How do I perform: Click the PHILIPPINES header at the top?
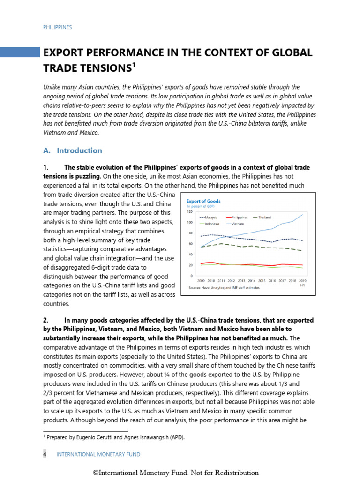click(57, 27)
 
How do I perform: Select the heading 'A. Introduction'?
click(73, 150)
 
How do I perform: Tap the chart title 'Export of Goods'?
click(203, 201)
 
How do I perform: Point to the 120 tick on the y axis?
click(190, 212)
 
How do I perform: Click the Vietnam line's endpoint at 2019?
click(302, 215)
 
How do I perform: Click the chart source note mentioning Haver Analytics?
click(224, 287)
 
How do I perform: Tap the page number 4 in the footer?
click(45, 454)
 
